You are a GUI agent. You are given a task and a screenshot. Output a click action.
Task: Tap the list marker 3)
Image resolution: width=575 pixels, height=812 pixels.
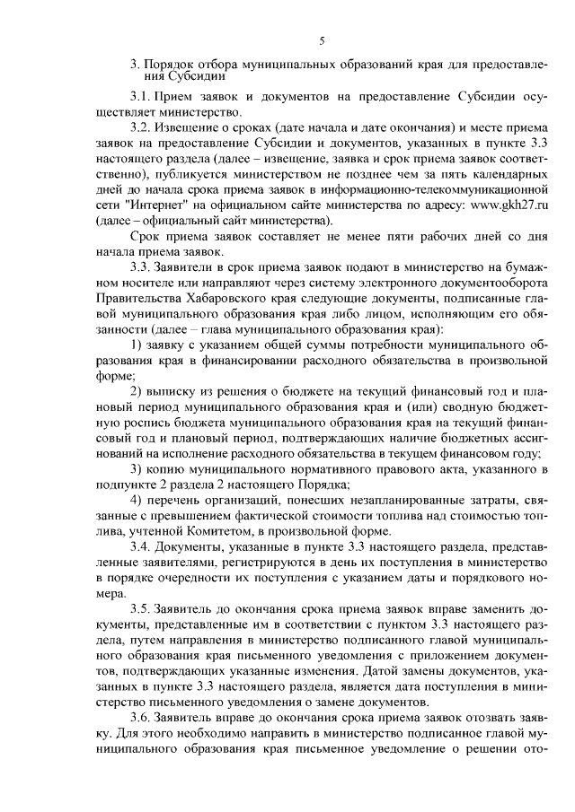[x=137, y=469]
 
